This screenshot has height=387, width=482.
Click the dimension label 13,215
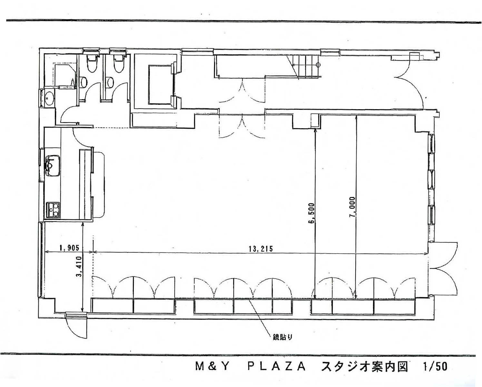261,249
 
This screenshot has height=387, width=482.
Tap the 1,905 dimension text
69,248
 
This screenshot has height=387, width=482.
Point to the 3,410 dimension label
80,270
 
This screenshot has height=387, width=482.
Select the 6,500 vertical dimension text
311,213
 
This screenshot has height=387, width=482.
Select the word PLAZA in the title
276,367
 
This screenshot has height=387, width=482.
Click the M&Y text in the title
212,367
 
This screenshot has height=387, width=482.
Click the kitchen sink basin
53,166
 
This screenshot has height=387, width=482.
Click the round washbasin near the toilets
49,98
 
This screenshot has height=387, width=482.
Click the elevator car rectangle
160,84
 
